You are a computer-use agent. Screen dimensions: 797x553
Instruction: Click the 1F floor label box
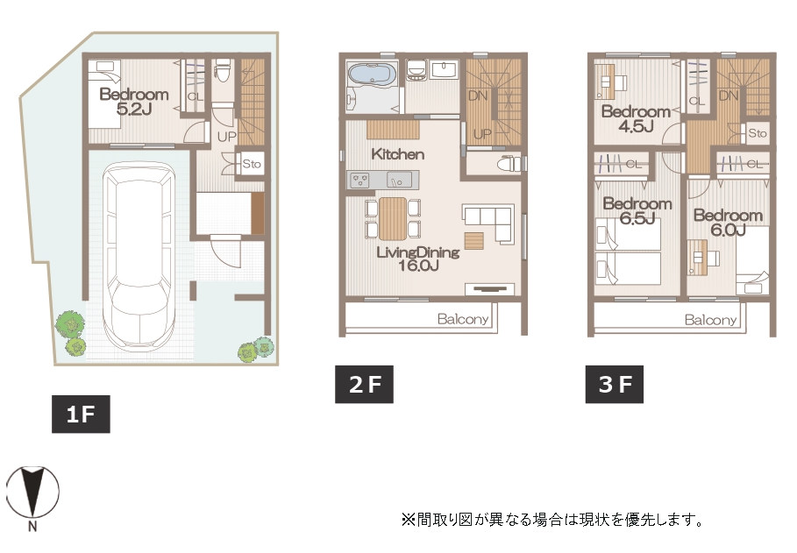pyautogui.click(x=81, y=415)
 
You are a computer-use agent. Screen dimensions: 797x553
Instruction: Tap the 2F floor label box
pyautogui.click(x=364, y=384)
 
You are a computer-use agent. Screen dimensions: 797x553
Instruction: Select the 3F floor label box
pyautogui.click(x=615, y=384)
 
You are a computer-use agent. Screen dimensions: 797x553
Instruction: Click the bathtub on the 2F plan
pyautogui.click(x=373, y=74)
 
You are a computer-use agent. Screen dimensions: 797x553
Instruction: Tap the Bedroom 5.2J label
pyautogui.click(x=133, y=101)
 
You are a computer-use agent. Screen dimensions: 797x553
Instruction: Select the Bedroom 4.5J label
pyautogui.click(x=636, y=118)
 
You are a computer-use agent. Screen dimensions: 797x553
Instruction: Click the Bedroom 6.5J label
pyautogui.click(x=637, y=211)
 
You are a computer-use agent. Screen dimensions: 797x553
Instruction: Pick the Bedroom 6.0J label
pyautogui.click(x=728, y=223)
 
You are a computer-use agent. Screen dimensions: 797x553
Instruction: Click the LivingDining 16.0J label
pyautogui.click(x=418, y=259)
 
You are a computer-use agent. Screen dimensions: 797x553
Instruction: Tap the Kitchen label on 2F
pyautogui.click(x=397, y=154)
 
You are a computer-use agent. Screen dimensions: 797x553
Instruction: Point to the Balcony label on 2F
pyautogui.click(x=463, y=319)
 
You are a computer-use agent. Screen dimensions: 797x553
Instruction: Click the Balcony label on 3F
pyautogui.click(x=710, y=320)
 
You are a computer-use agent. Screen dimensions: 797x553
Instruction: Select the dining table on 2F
pyautogui.click(x=393, y=218)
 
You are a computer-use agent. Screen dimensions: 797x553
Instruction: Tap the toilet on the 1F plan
pyautogui.click(x=223, y=70)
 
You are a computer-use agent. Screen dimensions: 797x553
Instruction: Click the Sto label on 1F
pyautogui.click(x=251, y=164)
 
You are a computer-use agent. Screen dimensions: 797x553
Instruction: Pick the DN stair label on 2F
pyautogui.click(x=477, y=95)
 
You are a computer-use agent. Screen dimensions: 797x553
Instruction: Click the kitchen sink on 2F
pyautogui.click(x=400, y=180)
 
